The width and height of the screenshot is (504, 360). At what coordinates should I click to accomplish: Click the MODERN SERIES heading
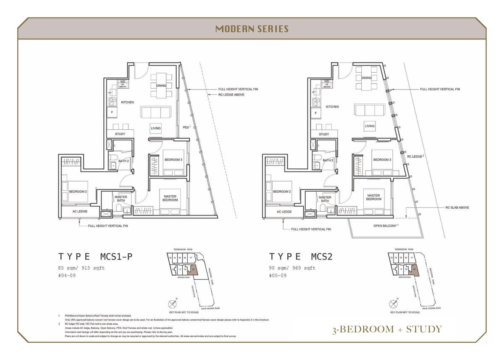click(252, 29)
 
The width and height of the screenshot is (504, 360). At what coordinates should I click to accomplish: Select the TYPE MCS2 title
click(301, 257)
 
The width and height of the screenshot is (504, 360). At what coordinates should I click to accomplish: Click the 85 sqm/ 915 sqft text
click(81, 268)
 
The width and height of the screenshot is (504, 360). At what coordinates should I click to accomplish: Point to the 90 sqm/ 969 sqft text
click(292, 268)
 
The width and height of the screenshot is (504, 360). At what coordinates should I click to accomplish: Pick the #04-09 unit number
click(67, 276)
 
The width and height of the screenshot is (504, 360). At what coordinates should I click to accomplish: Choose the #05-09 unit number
click(278, 276)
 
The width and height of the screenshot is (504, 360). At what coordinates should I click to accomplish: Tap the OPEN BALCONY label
click(386, 226)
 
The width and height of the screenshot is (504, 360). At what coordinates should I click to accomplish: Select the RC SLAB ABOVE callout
click(457, 208)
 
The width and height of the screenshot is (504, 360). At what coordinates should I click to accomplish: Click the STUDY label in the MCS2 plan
click(324, 134)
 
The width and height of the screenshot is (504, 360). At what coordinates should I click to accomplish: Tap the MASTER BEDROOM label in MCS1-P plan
click(170, 198)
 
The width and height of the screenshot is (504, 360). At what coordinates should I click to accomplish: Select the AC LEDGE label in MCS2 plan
click(284, 212)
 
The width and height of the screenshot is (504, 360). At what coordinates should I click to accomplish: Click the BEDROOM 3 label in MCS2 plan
click(382, 160)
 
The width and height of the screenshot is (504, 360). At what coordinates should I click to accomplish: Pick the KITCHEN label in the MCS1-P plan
click(127, 102)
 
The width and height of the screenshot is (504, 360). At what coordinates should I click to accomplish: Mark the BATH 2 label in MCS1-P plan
click(123, 161)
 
